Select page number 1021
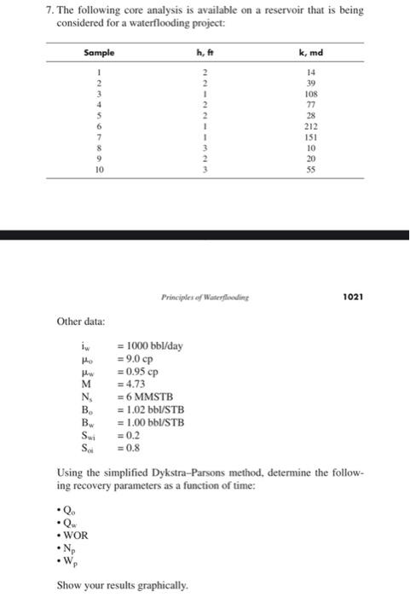click(352, 298)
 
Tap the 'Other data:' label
click(82, 322)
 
